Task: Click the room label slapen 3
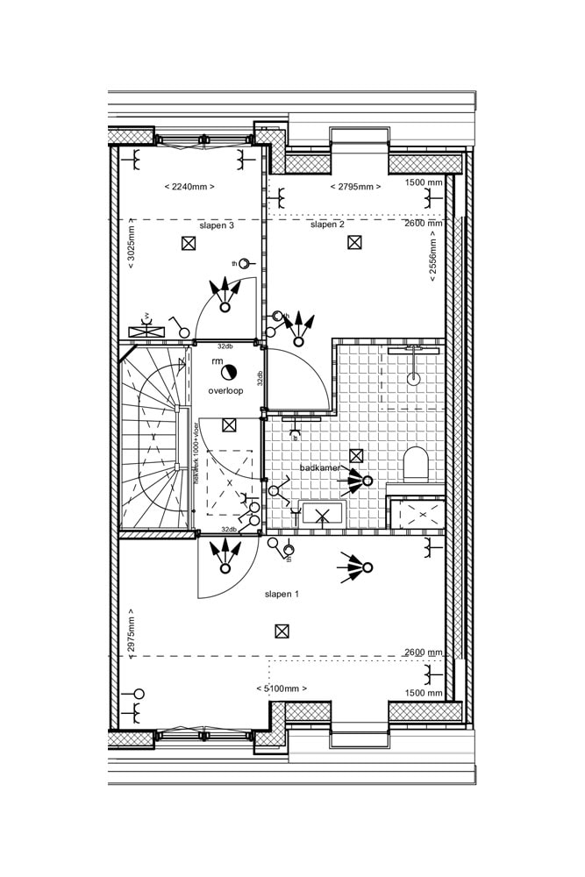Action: pos(217,225)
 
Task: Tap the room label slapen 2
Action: pos(327,225)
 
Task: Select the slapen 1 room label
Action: pos(282,594)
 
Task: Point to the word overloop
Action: pos(225,390)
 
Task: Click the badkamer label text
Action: pos(319,468)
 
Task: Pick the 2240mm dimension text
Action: pos(189,187)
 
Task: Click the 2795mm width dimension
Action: pos(355,187)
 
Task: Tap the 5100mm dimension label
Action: pos(282,689)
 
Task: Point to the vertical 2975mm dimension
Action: pos(131,630)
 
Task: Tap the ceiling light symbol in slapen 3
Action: pos(188,244)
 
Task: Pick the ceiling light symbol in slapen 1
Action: pos(282,631)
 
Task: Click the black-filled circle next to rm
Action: pos(229,372)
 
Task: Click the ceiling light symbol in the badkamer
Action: pos(356,455)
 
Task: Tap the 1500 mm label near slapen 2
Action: pos(424,182)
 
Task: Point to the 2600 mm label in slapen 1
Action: pos(424,652)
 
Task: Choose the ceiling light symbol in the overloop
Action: pos(229,425)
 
